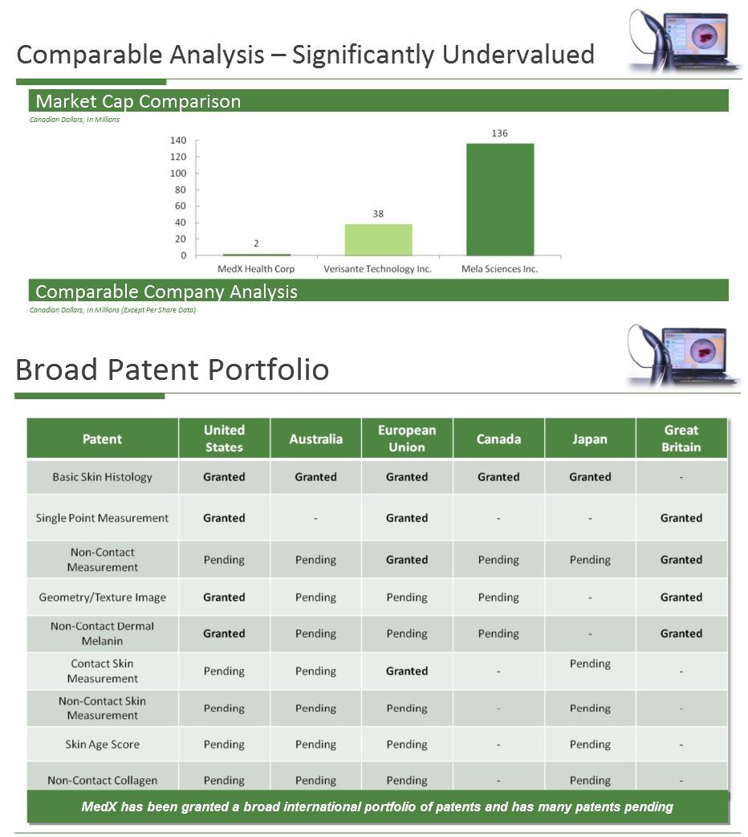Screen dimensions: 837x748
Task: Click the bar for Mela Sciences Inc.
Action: click(x=499, y=199)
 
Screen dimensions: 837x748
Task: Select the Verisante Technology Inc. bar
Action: click(x=377, y=239)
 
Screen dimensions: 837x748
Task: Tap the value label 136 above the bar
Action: click(x=499, y=133)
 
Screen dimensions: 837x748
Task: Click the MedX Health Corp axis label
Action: click(x=256, y=269)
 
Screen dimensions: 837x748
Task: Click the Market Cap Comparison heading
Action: click(x=138, y=101)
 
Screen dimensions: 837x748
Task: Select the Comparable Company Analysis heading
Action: click(x=166, y=292)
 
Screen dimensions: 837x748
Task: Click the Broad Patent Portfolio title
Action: click(x=172, y=370)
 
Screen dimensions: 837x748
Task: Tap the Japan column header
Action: click(x=590, y=439)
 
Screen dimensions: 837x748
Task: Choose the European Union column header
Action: click(x=407, y=439)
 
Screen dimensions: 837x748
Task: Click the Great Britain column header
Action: click(x=681, y=439)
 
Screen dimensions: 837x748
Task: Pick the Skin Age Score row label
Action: click(x=103, y=745)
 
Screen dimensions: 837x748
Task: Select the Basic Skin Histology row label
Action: click(x=103, y=477)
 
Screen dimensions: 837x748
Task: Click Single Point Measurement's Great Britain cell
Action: click(x=681, y=518)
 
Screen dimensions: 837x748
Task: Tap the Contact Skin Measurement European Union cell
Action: click(x=407, y=671)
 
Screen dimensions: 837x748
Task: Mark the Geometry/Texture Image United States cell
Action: click(x=224, y=598)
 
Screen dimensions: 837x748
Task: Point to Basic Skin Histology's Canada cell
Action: click(x=498, y=477)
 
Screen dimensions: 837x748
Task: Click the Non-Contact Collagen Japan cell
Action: click(x=590, y=780)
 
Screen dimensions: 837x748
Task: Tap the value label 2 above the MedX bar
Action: click(x=256, y=243)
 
